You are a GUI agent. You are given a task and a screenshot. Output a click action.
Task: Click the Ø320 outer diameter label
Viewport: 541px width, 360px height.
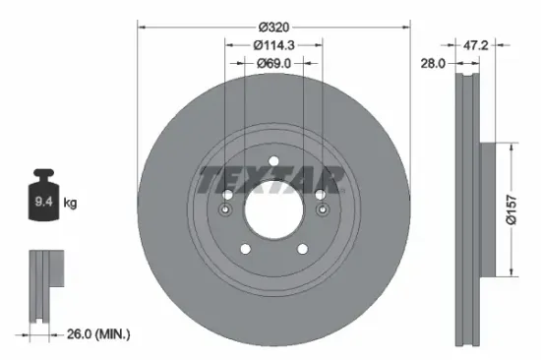[272, 28]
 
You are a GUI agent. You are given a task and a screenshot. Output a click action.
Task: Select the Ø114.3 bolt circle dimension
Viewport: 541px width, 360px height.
[272, 45]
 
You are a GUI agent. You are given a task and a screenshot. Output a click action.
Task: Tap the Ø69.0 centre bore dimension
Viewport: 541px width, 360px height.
[272, 63]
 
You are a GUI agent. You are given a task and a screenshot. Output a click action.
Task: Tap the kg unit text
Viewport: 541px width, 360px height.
[71, 203]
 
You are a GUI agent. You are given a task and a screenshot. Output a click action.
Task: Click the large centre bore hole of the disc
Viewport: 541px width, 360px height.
[272, 208]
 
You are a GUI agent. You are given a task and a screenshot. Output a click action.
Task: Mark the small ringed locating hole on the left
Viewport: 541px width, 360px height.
[226, 210]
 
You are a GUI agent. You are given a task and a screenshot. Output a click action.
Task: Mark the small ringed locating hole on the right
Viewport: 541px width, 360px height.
[320, 210]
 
